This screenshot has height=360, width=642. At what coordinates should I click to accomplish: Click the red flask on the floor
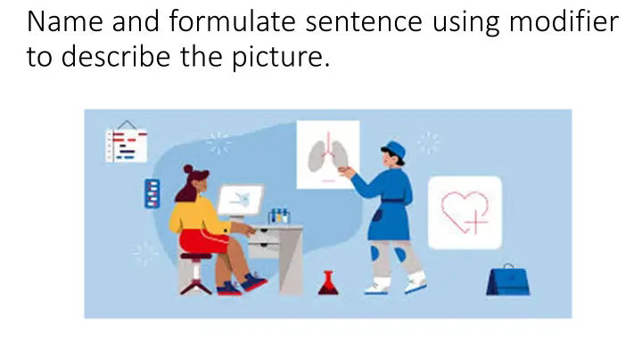[x=327, y=283]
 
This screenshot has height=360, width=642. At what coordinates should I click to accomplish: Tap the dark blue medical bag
[x=508, y=281]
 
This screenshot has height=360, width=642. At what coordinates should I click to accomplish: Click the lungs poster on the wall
[x=327, y=157]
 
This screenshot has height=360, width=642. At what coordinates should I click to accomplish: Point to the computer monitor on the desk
[x=241, y=200]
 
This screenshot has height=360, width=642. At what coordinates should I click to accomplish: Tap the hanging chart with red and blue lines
[x=126, y=143]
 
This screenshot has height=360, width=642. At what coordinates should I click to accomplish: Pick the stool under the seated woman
[x=195, y=271]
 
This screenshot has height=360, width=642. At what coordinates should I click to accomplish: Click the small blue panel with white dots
[x=152, y=192]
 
